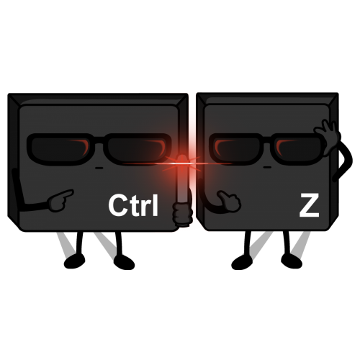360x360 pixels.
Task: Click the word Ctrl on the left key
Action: (133, 205)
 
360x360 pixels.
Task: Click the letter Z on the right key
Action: (309, 205)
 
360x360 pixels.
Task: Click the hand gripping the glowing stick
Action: (183, 214)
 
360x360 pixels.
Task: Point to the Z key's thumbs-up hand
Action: (229, 201)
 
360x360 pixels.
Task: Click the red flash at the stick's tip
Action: (182, 163)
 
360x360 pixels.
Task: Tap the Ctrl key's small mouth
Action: (99, 168)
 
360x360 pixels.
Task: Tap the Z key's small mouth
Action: (267, 167)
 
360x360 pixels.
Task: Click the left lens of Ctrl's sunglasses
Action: (63, 149)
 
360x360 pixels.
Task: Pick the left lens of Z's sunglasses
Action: (236, 149)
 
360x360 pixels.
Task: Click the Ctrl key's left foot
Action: (74, 261)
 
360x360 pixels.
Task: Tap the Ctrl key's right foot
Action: (124, 262)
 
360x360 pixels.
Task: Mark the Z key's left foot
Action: (242, 262)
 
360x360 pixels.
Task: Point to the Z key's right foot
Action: (292, 261)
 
